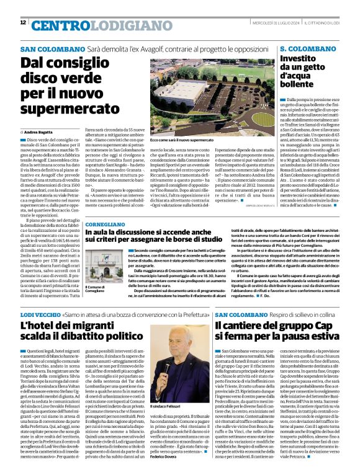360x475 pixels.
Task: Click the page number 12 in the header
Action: [x=23, y=22]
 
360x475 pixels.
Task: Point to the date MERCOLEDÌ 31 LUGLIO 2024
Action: [x=280, y=23]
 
